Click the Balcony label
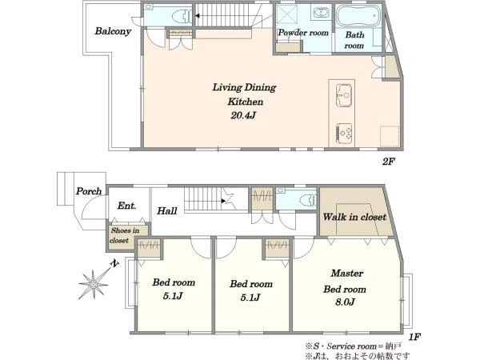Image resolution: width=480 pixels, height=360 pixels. point(113,31)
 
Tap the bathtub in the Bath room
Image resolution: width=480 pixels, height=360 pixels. point(358,16)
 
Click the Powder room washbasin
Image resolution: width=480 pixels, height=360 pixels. point(320,13)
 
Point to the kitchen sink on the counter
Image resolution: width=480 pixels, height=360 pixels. point(344,95)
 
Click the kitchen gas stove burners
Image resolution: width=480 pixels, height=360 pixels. point(344,133)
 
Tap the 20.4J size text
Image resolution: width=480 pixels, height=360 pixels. point(243,115)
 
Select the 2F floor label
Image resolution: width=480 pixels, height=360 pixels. point(388,162)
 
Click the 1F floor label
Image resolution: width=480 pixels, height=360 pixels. point(414,337)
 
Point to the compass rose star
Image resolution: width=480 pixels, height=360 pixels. point(93,284)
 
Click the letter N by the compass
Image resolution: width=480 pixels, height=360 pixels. point(114,263)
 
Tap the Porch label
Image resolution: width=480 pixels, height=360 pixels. point(89,191)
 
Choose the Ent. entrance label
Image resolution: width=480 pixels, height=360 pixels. point(126,206)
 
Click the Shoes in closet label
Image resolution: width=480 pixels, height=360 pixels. point(125,235)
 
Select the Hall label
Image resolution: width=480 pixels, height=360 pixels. point(167,210)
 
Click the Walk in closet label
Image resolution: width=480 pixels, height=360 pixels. point(354,217)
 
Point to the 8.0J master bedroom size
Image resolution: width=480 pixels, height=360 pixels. point(345,302)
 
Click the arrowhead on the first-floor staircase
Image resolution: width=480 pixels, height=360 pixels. point(224,201)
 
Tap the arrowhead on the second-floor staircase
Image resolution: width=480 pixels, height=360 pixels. point(198,16)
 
